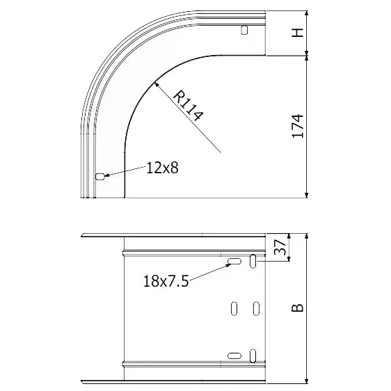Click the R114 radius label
coord(188,106)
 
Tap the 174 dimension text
coord(298,126)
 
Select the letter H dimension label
coord(298,33)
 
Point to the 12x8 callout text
coord(162,168)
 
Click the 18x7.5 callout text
coord(166,281)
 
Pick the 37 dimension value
coord(280,247)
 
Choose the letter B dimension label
coord(298,308)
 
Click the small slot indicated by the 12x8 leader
coord(99,177)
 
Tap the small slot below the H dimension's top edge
coord(244,30)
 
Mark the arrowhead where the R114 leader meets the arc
coord(157,85)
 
